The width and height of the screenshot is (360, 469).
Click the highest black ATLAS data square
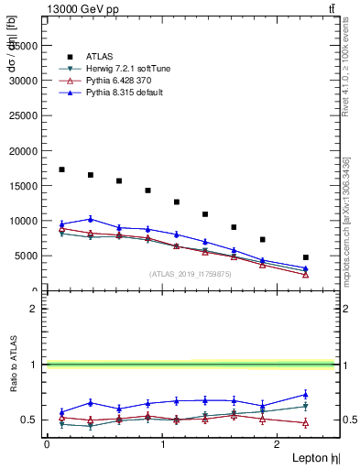[61, 169]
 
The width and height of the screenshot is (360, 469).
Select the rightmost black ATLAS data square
[306, 257]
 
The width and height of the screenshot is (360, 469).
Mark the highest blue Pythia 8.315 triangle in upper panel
[90, 219]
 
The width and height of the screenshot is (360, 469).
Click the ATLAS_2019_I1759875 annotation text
[191, 274]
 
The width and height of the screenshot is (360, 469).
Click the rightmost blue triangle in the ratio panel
[306, 395]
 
